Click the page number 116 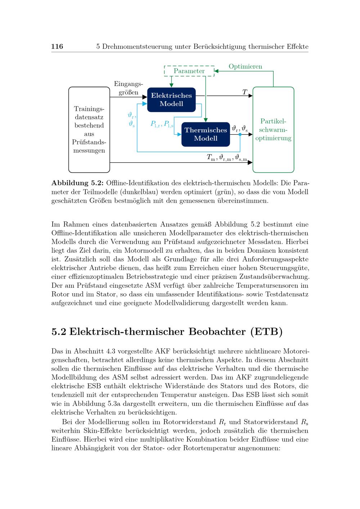click(57, 46)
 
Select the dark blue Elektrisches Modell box click(171, 100)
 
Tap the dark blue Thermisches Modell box click(206, 134)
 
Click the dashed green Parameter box click(189, 71)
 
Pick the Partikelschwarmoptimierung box click(273, 130)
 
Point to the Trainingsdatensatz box click(89, 130)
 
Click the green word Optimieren click(246, 67)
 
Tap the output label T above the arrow click(245, 92)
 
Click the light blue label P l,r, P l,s click(162, 125)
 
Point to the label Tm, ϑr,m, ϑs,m click(227, 158)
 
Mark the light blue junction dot click(240, 135)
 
